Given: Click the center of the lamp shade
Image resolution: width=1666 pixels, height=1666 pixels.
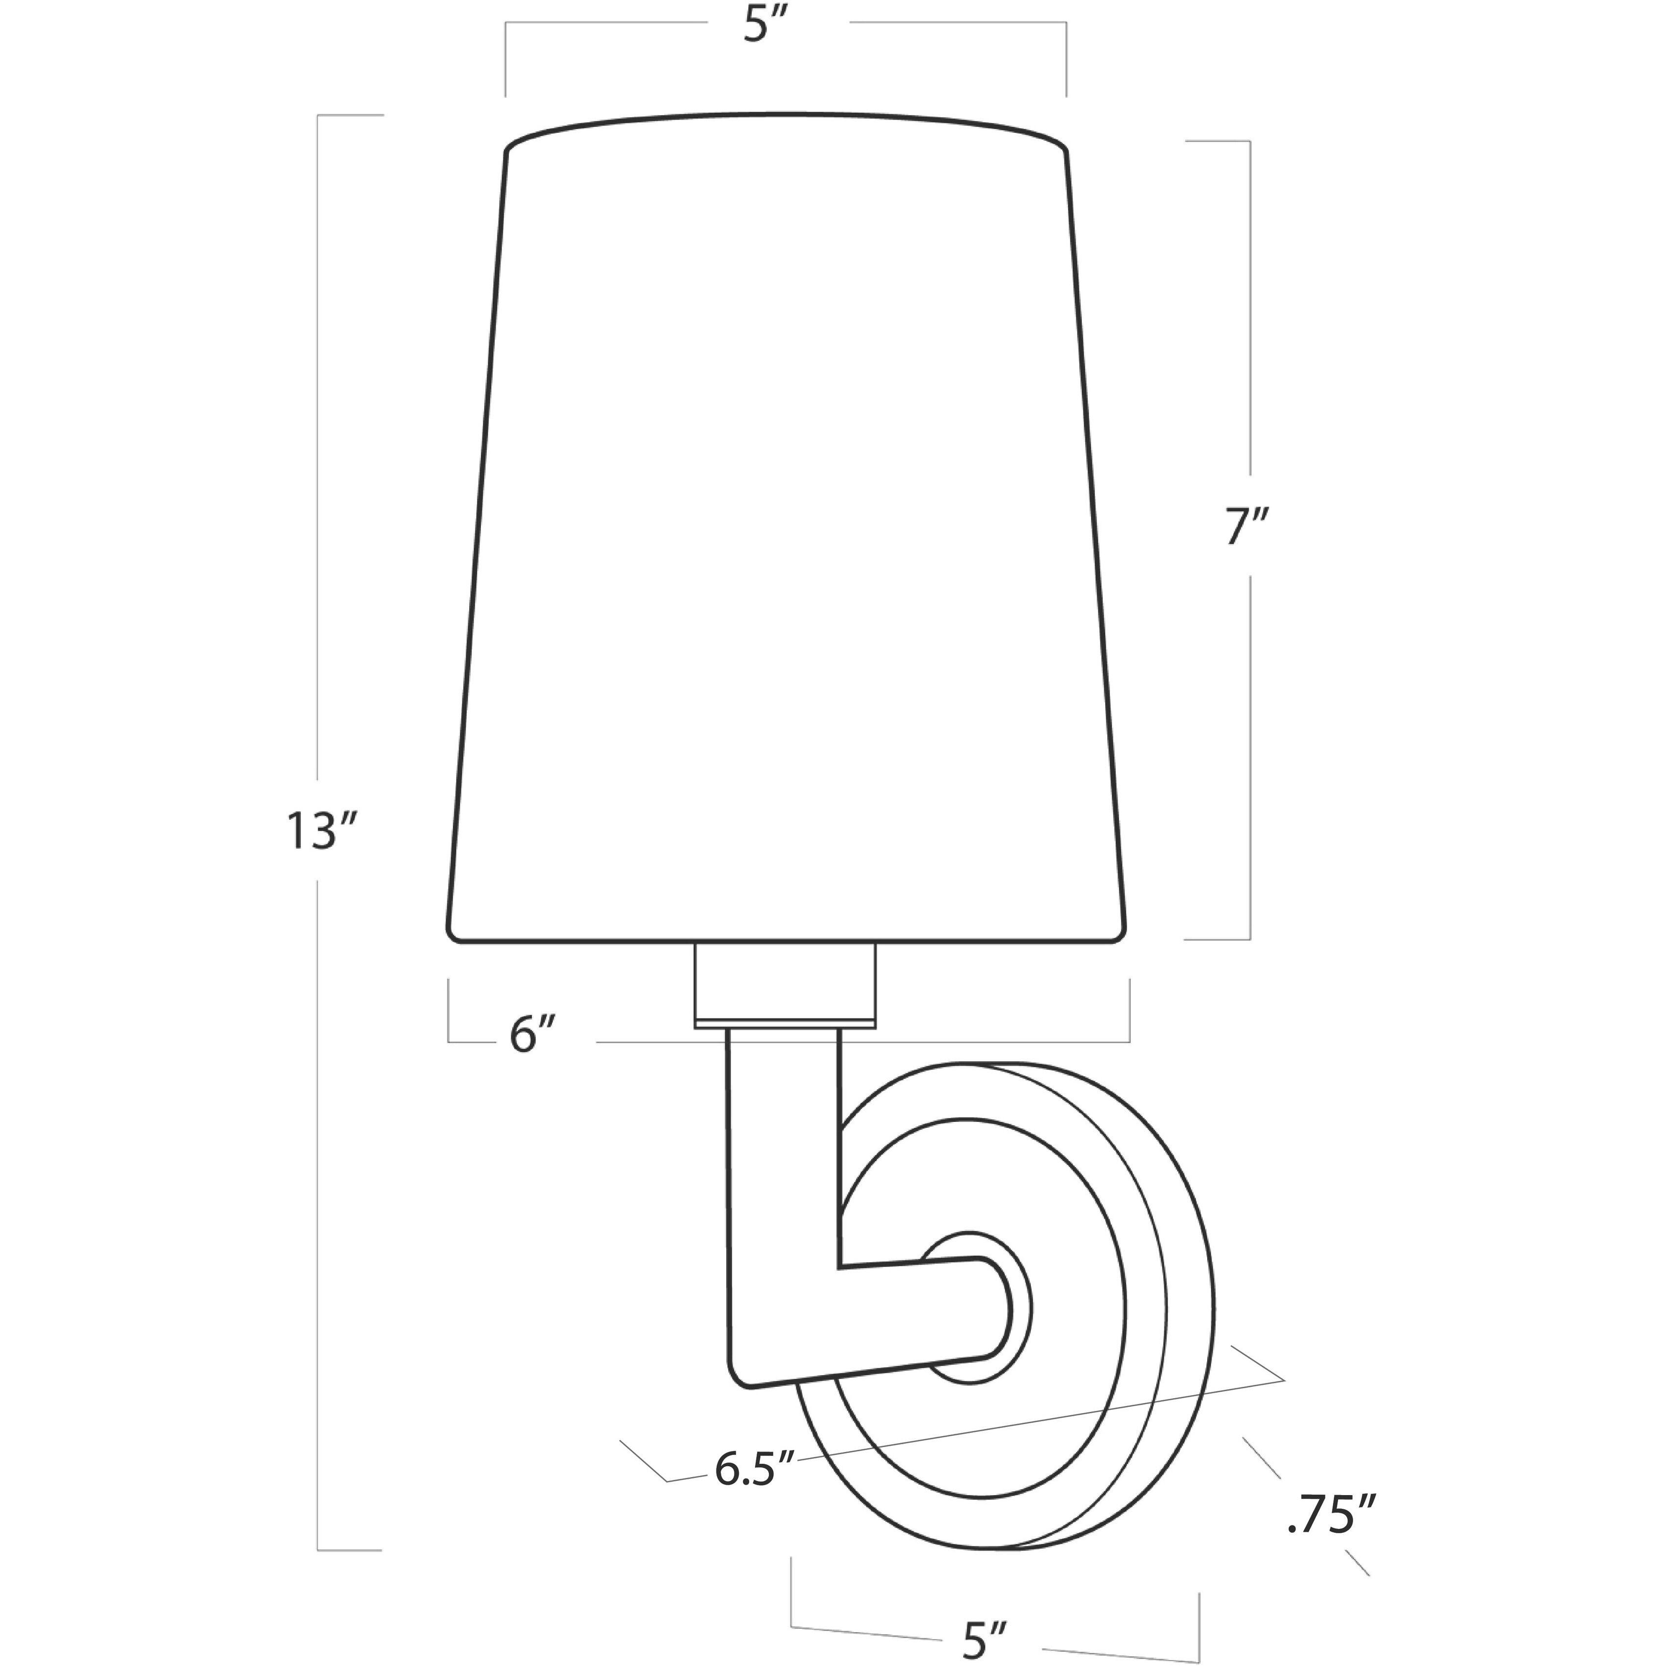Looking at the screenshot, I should (786, 535).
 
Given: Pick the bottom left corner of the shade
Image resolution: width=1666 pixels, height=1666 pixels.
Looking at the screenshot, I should (452, 937).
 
